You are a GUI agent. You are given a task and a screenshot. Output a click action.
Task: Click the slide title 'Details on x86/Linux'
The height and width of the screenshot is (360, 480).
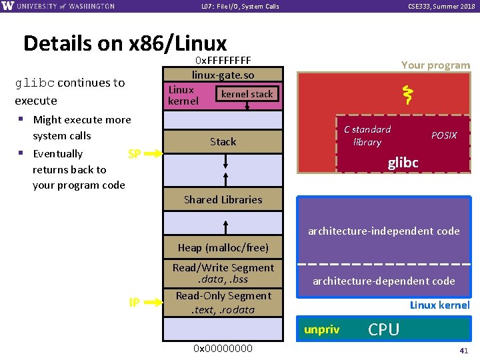[125, 43]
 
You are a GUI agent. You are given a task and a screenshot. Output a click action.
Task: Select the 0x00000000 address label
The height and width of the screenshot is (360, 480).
[223, 348]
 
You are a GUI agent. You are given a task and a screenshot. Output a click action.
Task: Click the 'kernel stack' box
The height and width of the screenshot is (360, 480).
[247, 94]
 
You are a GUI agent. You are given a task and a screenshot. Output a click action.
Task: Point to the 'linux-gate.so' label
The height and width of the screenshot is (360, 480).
[223, 75]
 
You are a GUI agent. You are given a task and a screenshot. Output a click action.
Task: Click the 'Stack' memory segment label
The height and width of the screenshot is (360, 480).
[223, 141]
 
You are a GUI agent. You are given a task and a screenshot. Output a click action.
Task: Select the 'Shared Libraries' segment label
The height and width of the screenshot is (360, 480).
[223, 199]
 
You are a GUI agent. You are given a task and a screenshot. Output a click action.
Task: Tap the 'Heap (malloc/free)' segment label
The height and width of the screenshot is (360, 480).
[223, 247]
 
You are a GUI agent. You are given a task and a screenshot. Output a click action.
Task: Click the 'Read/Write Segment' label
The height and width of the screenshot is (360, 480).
[223, 268]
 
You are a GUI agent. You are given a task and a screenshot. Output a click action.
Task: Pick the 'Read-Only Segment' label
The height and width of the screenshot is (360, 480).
[223, 296]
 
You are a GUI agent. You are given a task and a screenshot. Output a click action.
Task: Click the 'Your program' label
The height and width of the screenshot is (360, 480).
[435, 65]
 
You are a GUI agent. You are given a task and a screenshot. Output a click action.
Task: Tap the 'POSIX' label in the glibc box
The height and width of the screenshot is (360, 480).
[444, 135]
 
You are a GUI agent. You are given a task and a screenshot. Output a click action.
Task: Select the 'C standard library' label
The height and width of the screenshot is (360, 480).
[367, 135]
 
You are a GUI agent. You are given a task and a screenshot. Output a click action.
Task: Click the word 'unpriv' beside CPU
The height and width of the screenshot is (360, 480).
[321, 329]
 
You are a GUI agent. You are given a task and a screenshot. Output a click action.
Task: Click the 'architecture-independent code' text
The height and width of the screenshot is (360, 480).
[383, 231]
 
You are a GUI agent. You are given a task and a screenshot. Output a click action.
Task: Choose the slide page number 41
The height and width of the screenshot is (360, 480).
[464, 351]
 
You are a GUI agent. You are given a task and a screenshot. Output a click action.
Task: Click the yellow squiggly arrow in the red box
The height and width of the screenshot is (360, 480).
[405, 96]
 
